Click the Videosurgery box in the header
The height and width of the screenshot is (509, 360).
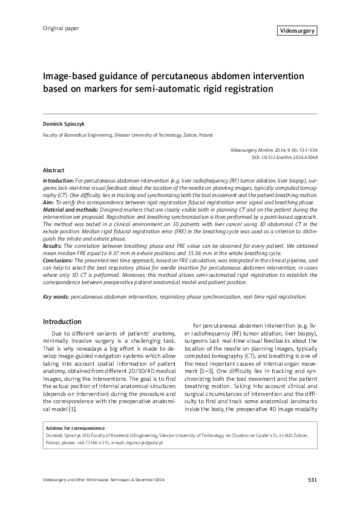tap(296, 30)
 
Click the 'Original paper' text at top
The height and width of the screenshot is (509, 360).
tap(61, 28)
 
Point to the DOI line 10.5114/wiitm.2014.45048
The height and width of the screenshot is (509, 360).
tap(284, 157)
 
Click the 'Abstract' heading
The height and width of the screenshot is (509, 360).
tap(54, 171)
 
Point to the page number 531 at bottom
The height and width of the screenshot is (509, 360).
tap(312, 480)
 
